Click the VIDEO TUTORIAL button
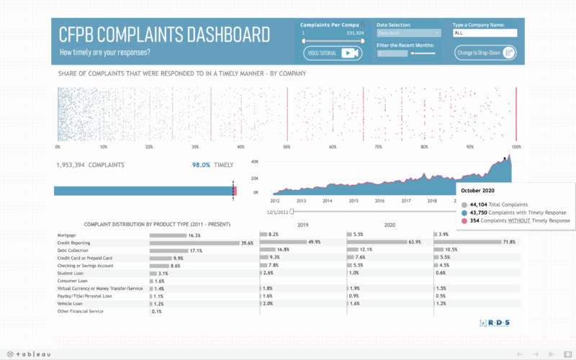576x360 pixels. tap(332, 53)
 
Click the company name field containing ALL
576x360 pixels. tap(485, 33)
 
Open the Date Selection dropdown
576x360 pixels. tap(409, 33)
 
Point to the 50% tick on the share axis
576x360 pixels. tap(287, 146)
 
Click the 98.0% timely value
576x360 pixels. tap(201, 165)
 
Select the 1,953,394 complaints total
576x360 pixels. tap(90, 165)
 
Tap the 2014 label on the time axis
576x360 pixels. tap(327, 202)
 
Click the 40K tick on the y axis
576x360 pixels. tap(254, 162)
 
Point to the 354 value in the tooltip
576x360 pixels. tap(472, 220)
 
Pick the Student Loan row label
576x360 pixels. tap(73, 273)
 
